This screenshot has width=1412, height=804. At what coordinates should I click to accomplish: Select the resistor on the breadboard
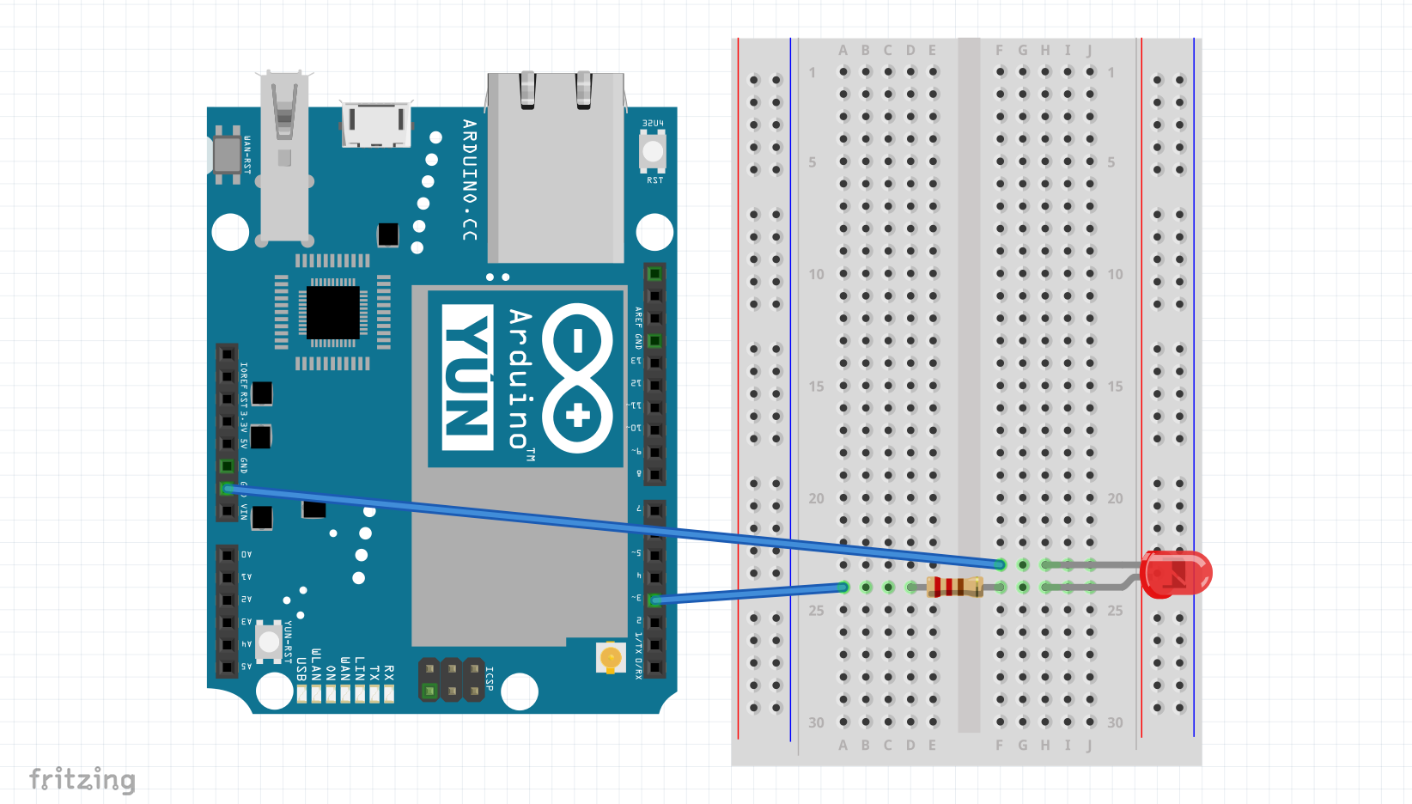click(x=954, y=588)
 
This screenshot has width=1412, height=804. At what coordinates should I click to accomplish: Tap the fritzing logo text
click(x=82, y=779)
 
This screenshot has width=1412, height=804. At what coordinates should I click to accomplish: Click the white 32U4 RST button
click(x=653, y=152)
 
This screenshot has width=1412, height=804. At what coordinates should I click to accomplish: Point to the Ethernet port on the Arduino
click(x=556, y=167)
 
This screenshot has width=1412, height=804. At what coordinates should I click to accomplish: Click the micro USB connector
click(x=375, y=125)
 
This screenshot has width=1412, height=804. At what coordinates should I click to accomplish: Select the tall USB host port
click(x=284, y=155)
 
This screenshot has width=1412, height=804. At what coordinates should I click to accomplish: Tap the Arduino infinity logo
click(x=577, y=378)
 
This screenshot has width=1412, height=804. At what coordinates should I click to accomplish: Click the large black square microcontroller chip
click(x=333, y=313)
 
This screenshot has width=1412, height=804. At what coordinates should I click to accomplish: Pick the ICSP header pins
click(x=451, y=679)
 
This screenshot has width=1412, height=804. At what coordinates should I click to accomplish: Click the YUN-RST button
click(x=269, y=641)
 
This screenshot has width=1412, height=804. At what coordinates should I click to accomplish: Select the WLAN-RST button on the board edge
click(x=227, y=155)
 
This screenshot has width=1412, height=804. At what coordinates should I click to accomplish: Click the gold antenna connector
click(x=611, y=659)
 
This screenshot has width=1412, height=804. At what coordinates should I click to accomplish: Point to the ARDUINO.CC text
click(x=469, y=180)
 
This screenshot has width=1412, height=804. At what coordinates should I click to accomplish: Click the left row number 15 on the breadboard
click(x=816, y=387)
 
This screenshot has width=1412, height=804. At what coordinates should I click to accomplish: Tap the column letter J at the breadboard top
click(x=1089, y=51)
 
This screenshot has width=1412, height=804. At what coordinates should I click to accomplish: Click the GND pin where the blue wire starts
click(x=227, y=489)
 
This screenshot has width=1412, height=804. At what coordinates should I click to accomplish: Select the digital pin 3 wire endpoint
click(x=654, y=600)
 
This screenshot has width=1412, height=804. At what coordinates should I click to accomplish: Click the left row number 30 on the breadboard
click(x=816, y=722)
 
